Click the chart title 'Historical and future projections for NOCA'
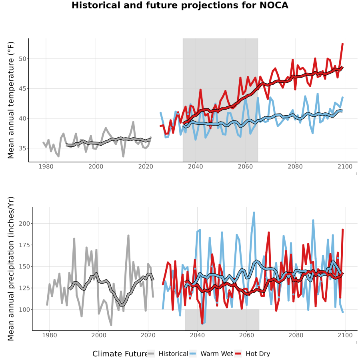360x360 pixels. pos(180,5)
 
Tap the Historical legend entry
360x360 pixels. pos(168,354)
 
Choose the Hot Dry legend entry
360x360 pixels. pos(252,354)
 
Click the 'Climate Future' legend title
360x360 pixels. pos(120,354)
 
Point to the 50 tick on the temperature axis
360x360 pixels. pos(23,59)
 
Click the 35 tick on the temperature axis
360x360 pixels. pos(23,148)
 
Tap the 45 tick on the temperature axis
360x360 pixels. pos(23,89)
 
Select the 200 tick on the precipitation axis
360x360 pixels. pos(24,223)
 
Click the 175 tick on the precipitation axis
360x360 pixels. pos(24,245)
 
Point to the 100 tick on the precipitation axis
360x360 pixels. pos(24,310)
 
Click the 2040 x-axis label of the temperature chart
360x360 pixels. pos(195,166)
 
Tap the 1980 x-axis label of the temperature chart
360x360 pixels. pos(46,166)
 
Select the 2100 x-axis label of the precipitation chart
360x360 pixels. pos(345,335)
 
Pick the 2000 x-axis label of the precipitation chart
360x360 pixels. pos(99,335)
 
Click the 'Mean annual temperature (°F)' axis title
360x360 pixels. pos(11,100)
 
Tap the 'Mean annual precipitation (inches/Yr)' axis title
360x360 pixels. pos(11,269)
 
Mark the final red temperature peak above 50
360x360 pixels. pos(342,44)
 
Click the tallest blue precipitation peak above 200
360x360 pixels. pos(254,213)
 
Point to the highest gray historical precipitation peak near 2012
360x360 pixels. pos(128,236)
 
